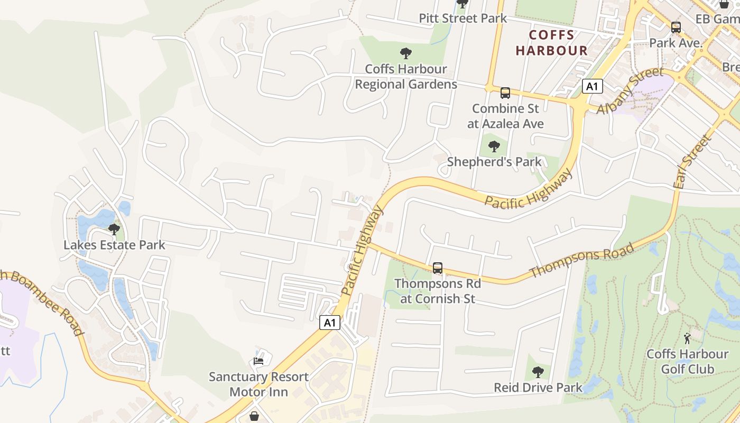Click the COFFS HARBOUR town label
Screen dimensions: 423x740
click(x=551, y=43)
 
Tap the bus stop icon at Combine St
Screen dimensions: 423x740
click(x=505, y=93)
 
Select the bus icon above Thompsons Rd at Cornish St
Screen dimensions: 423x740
click(x=438, y=268)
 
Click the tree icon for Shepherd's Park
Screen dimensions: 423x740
click(x=494, y=146)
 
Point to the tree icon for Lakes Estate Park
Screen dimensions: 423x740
click(x=114, y=229)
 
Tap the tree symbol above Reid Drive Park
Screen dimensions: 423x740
click(x=538, y=372)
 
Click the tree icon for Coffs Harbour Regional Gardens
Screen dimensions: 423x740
click(x=406, y=53)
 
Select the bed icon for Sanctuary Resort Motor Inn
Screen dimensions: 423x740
click(x=258, y=361)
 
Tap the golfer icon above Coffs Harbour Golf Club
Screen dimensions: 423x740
click(x=687, y=338)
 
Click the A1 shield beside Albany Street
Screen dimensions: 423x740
click(x=593, y=86)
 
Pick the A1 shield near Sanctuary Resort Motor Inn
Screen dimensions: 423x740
click(x=329, y=323)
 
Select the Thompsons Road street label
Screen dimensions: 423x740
click(x=581, y=260)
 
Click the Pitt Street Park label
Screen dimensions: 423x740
click(x=462, y=19)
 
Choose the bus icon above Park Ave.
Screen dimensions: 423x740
click(x=676, y=27)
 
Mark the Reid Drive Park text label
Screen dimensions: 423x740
click(x=538, y=388)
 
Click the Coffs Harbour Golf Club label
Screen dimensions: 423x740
click(x=687, y=361)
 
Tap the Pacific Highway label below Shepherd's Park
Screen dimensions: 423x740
click(x=529, y=189)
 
